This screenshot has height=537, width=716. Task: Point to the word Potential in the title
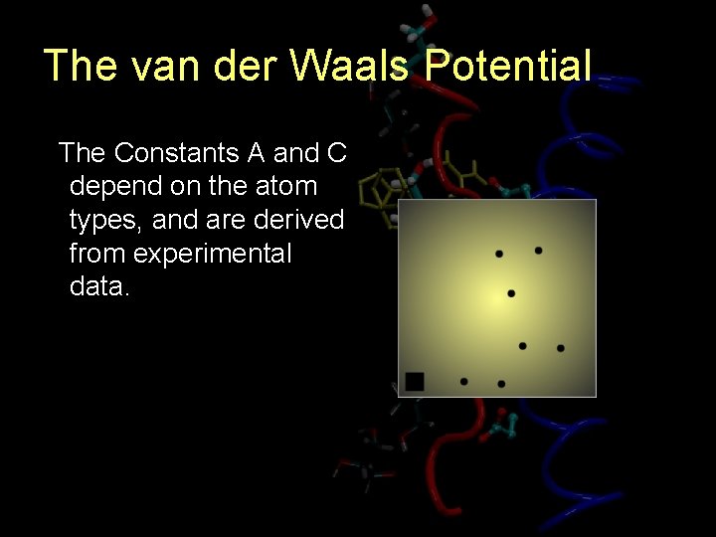click(x=507, y=66)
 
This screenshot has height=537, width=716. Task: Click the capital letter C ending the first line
click(x=336, y=153)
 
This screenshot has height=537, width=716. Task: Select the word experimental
click(x=212, y=255)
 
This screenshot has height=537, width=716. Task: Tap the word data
click(x=99, y=287)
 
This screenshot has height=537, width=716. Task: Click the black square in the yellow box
click(x=415, y=381)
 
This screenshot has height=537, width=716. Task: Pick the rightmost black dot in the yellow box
click(x=561, y=348)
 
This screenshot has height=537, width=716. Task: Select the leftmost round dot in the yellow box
click(x=464, y=381)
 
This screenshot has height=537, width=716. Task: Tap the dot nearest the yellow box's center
click(x=511, y=293)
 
